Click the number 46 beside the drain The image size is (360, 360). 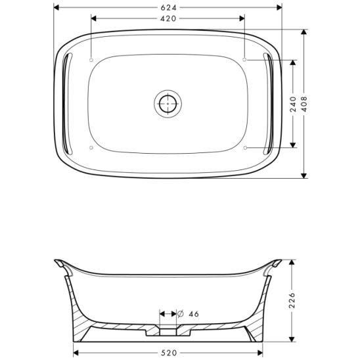(x=193, y=314)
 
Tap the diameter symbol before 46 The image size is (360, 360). (x=180, y=314)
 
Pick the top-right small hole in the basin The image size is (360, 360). (x=245, y=59)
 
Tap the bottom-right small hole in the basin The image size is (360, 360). (x=245, y=148)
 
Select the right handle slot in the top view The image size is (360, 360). (x=269, y=103)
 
